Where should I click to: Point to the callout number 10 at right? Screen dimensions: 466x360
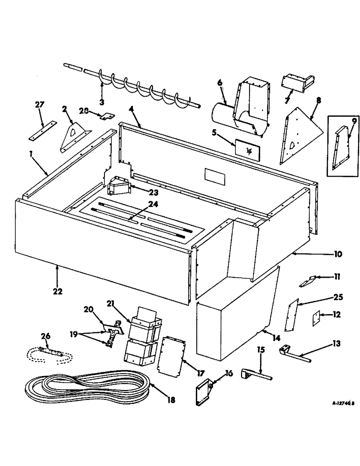[x=338, y=254]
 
